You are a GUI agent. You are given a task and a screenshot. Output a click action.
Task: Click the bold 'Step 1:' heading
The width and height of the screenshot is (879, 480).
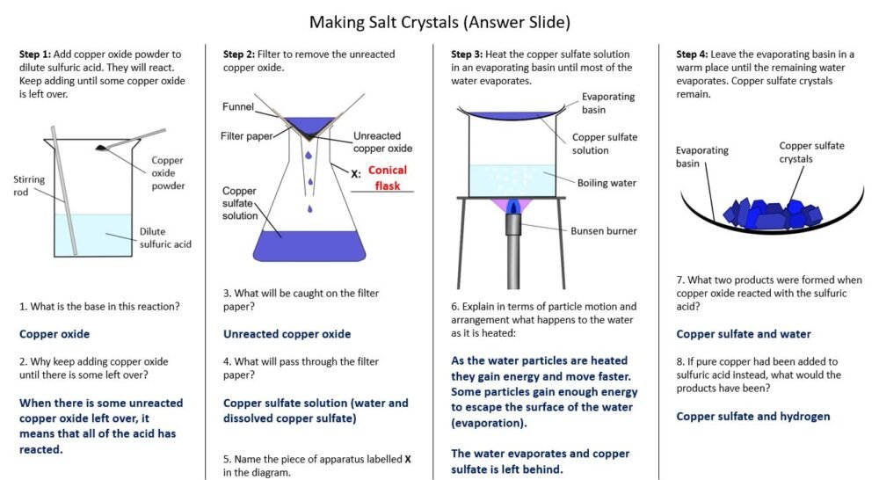36,54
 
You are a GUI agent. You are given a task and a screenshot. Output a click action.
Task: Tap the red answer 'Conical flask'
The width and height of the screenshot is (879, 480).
388,178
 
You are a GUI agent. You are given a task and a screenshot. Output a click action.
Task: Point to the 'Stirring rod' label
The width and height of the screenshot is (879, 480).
29,185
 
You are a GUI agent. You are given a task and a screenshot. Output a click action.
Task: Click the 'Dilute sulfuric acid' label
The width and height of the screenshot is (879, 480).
164,238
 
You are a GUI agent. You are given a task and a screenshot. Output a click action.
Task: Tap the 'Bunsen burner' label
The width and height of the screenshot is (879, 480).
604,231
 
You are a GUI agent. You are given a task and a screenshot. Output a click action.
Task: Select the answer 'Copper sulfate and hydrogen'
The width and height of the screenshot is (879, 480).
752,416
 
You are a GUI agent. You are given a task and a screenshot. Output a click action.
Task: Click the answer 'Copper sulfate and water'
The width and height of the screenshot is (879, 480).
743,334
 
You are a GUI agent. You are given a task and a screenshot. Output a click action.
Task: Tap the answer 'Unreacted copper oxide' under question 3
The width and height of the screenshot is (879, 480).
287,334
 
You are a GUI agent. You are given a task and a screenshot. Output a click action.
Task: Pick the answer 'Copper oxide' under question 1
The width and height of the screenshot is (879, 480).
54,334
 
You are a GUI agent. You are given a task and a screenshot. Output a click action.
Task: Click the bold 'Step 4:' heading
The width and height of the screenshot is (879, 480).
692,54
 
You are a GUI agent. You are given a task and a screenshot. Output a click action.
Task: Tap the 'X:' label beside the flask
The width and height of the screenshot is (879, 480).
355,174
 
